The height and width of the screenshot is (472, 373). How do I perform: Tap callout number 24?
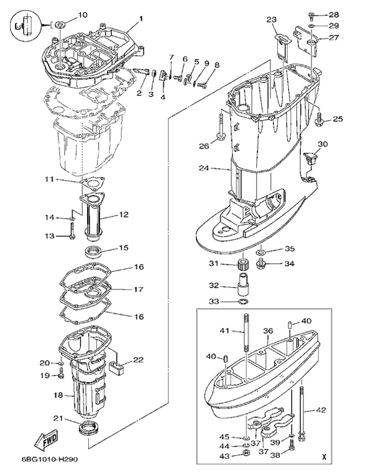(x=204, y=168)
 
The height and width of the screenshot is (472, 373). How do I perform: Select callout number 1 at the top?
(x=141, y=18)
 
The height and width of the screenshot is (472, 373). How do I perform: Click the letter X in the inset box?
(x=325, y=458)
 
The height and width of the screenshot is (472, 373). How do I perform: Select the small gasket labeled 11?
(x=94, y=184)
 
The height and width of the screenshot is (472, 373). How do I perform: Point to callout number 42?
(x=338, y=411)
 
